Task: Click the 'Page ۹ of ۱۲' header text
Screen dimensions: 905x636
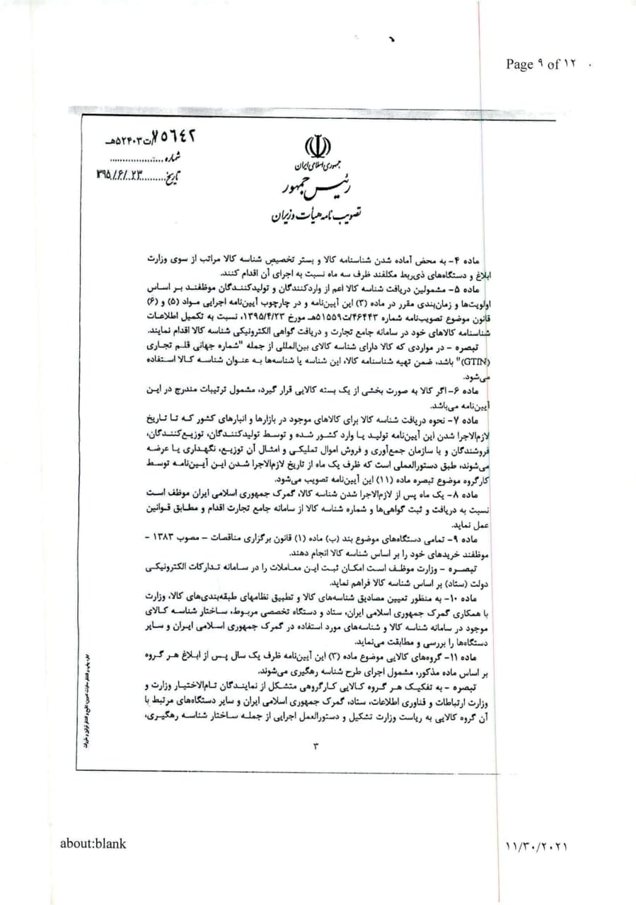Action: (x=542, y=64)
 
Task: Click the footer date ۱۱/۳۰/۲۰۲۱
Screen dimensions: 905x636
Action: (x=538, y=845)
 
